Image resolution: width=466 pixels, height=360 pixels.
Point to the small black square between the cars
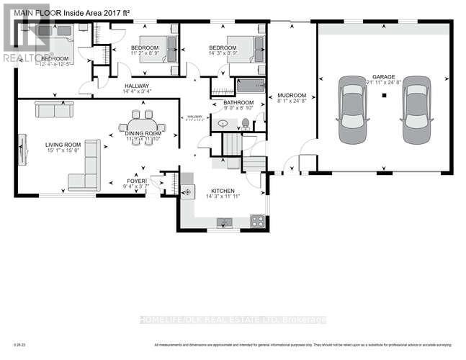pyautogui.click(x=385, y=94)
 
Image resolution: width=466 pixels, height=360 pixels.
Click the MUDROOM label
pyautogui.click(x=292, y=95)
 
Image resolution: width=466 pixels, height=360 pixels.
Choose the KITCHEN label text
pyautogui.click(x=222, y=190)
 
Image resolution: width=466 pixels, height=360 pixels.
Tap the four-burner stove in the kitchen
pyautogui.click(x=256, y=221)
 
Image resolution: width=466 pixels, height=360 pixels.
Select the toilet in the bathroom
pyautogui.click(x=245, y=122)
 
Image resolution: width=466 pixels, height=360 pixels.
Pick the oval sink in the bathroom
pyautogui.click(x=223, y=124)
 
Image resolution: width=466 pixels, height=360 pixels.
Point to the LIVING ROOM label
pyautogui.click(x=62, y=144)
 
